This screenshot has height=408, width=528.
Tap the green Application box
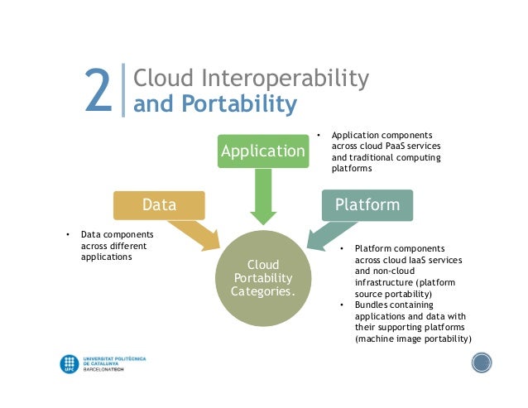pyautogui.click(x=262, y=151)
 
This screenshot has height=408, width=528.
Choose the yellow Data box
pyautogui.click(x=160, y=204)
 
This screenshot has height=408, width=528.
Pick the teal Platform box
pyautogui.click(x=367, y=204)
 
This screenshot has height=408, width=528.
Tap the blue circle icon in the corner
pyautogui.click(x=482, y=362)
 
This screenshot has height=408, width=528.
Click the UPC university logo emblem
pyautogui.click(x=70, y=364)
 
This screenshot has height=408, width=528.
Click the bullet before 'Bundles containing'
pyautogui.click(x=344, y=305)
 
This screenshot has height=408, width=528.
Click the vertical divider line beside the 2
pyautogui.click(x=123, y=92)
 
